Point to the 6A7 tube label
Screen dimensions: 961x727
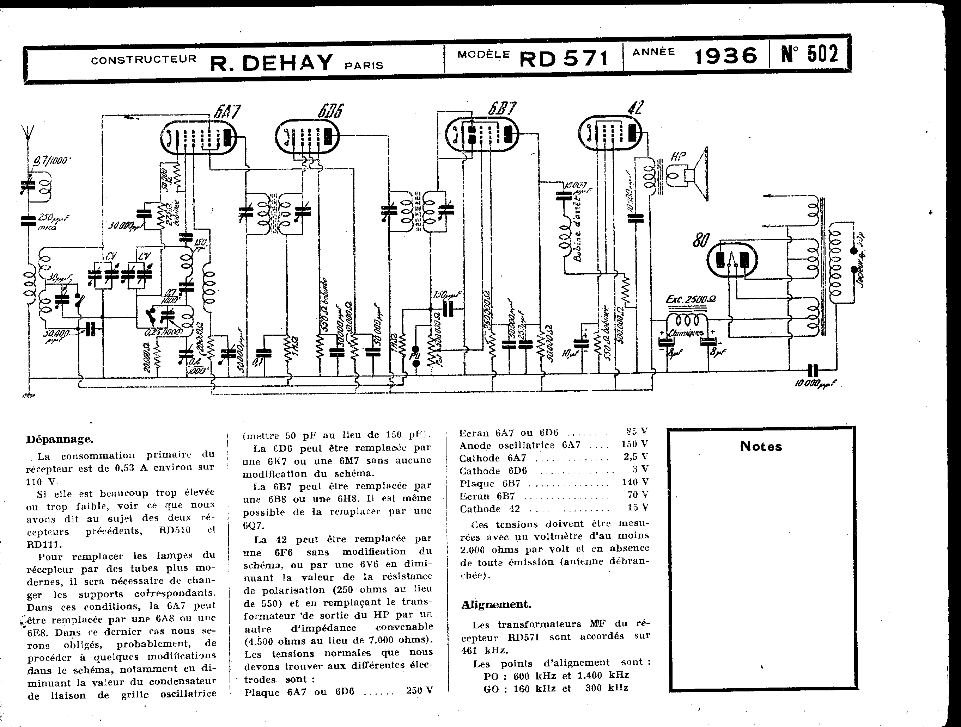[x=227, y=113]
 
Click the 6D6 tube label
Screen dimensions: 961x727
[x=330, y=112]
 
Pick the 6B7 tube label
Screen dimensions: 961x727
[x=502, y=108]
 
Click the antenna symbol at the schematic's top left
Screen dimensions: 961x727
[x=27, y=132]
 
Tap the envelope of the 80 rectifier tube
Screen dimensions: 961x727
[x=732, y=260]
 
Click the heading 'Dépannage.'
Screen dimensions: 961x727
[x=60, y=439]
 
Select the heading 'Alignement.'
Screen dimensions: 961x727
[x=496, y=605]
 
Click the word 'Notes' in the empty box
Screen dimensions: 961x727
[x=761, y=447]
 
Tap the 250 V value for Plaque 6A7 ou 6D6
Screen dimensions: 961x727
[x=419, y=690]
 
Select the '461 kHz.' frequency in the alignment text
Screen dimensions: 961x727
[x=485, y=650]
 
